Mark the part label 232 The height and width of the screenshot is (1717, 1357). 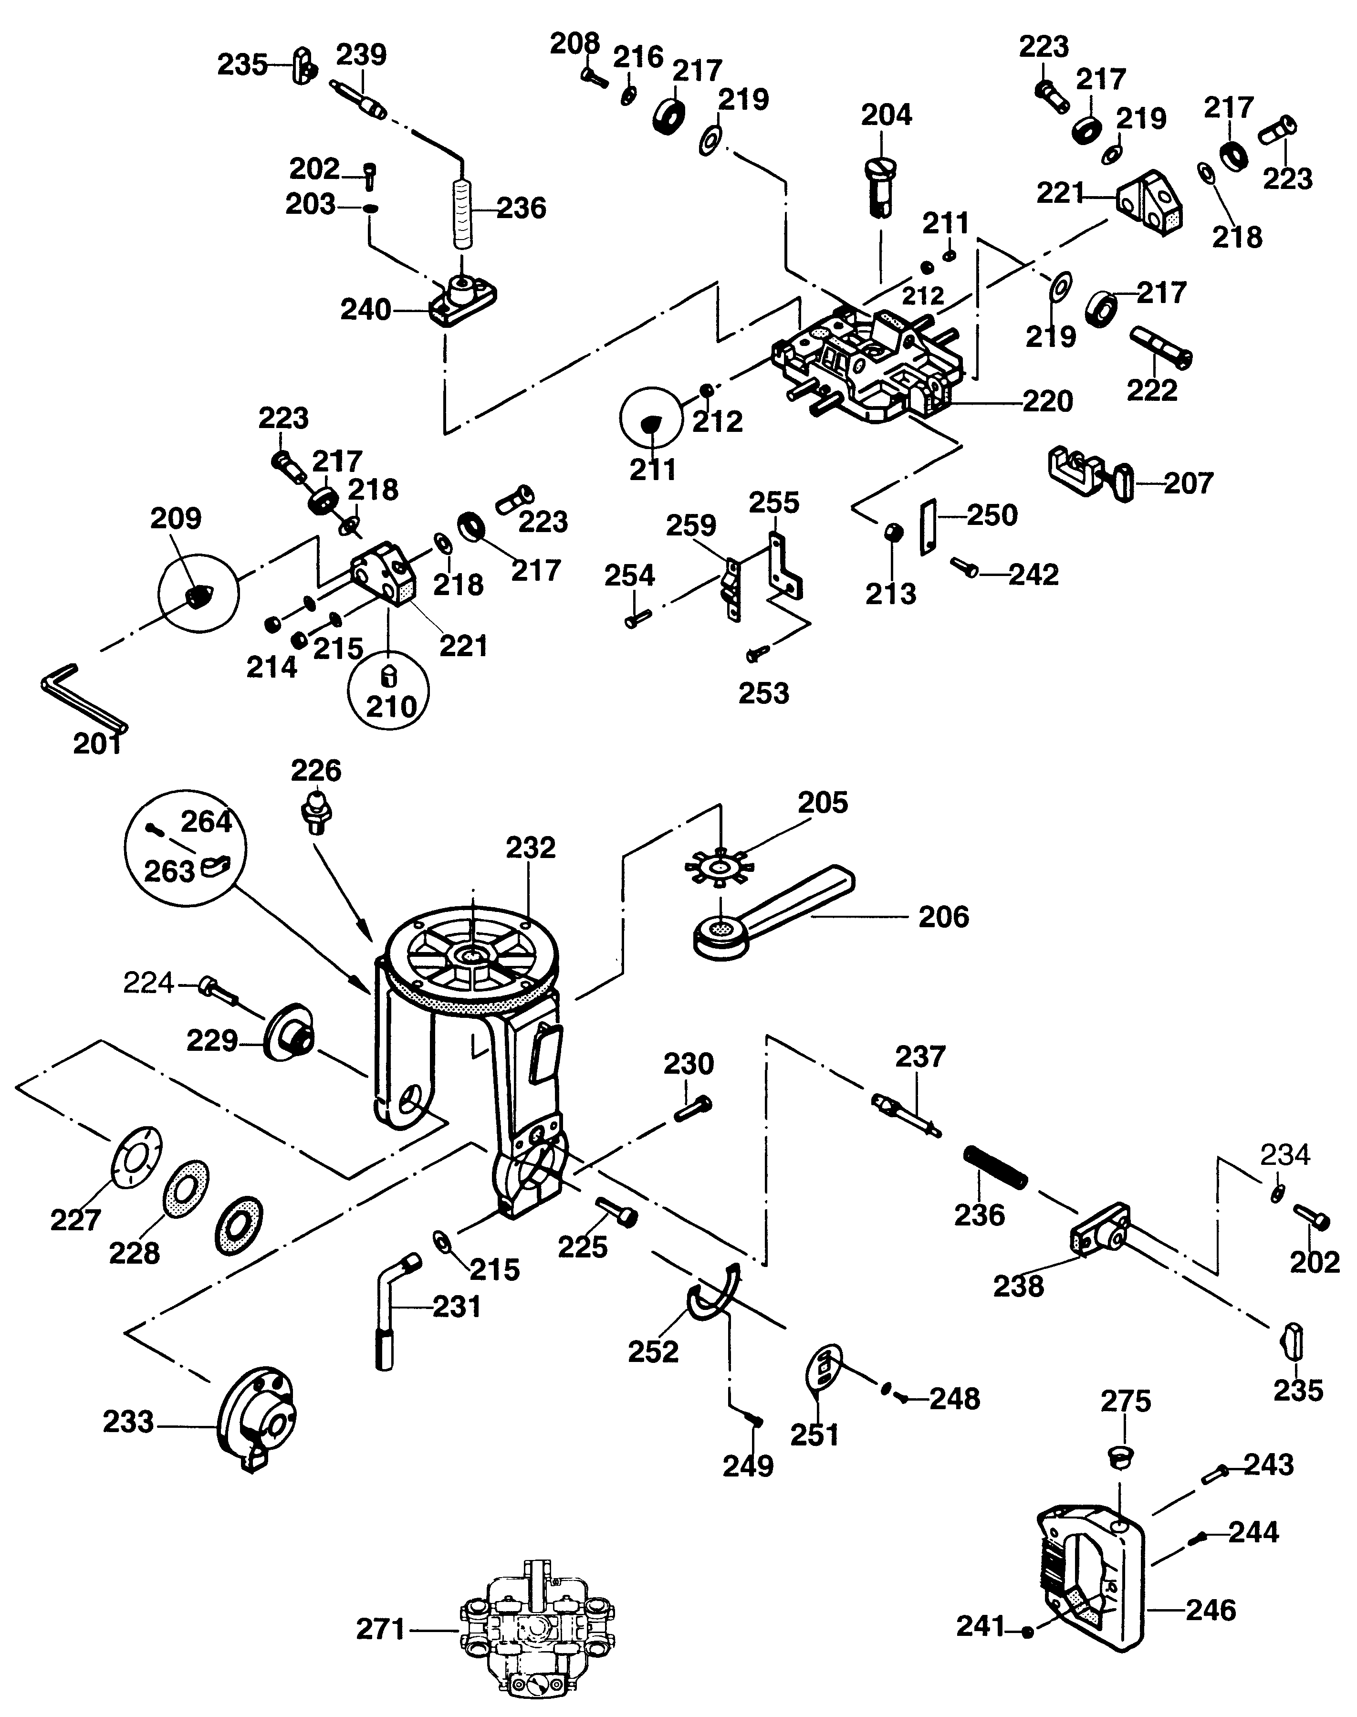coord(531,848)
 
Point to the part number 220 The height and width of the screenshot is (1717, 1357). coord(1047,401)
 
